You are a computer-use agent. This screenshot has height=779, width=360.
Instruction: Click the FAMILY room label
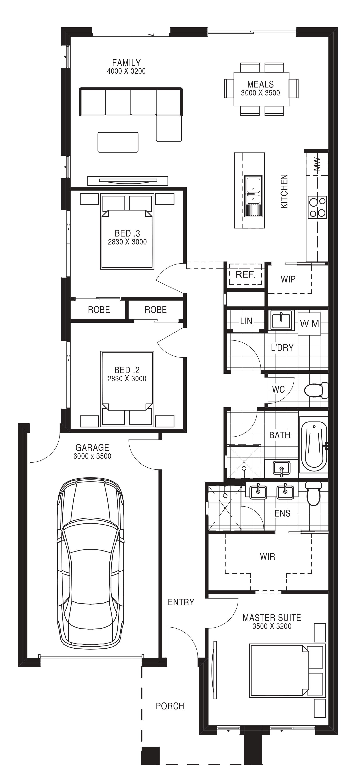(x=126, y=63)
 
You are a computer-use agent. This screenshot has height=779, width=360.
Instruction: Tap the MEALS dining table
(x=261, y=89)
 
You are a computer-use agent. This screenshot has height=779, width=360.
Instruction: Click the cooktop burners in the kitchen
(x=317, y=207)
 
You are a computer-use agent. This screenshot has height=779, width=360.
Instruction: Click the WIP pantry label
(x=288, y=279)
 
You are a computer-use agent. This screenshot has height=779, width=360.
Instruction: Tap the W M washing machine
(x=310, y=324)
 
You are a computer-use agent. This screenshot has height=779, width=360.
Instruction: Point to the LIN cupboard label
(x=246, y=321)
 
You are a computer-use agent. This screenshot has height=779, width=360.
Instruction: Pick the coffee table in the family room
(x=118, y=142)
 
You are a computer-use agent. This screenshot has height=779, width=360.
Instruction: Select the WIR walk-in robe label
(x=267, y=556)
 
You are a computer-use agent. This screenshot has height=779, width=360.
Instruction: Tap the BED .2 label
(x=127, y=370)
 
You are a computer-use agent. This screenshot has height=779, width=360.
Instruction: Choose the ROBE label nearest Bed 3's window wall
(x=99, y=310)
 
